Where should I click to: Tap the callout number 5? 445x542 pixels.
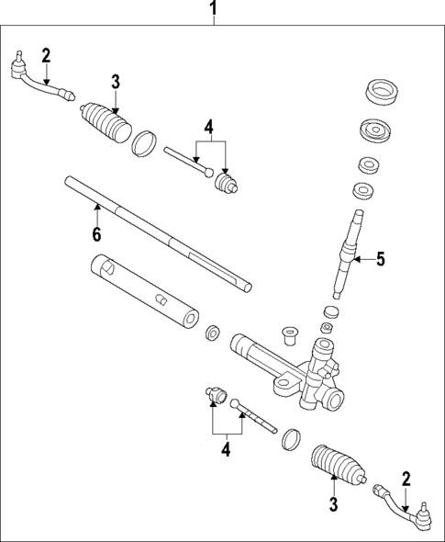click(x=380, y=260)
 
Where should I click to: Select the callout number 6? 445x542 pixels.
click(x=96, y=234)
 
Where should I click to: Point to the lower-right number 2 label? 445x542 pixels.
click(x=404, y=477)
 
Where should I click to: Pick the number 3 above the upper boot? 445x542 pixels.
click(x=116, y=82)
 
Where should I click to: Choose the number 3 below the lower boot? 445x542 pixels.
click(x=334, y=503)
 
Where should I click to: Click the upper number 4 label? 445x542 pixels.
click(x=209, y=127)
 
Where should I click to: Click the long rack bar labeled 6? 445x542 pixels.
click(x=156, y=234)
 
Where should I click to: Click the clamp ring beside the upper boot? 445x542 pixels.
click(x=144, y=144)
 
